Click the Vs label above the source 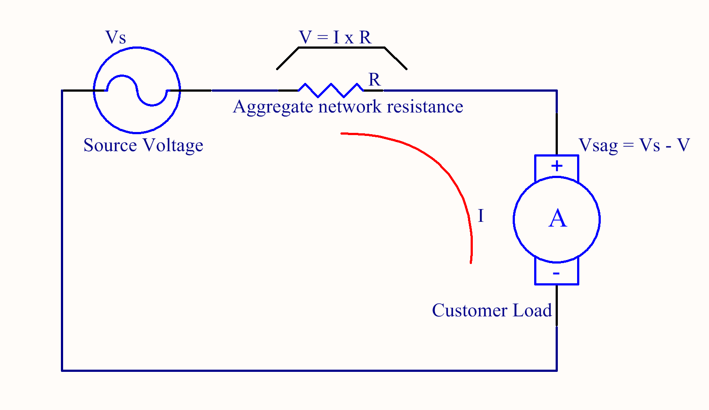(x=116, y=38)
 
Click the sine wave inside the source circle (x=137, y=90)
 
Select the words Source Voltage (x=143, y=145)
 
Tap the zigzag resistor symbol (x=331, y=90)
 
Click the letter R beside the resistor (x=374, y=80)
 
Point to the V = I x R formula (x=335, y=38)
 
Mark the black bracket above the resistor (x=341, y=48)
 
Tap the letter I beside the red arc (x=481, y=216)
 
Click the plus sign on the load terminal (x=557, y=166)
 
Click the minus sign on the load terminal (x=556, y=274)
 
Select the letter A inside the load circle (x=557, y=218)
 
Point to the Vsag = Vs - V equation (x=634, y=145)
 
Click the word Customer (x=469, y=310)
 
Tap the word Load (x=532, y=310)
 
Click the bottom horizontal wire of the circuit (x=307, y=371)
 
